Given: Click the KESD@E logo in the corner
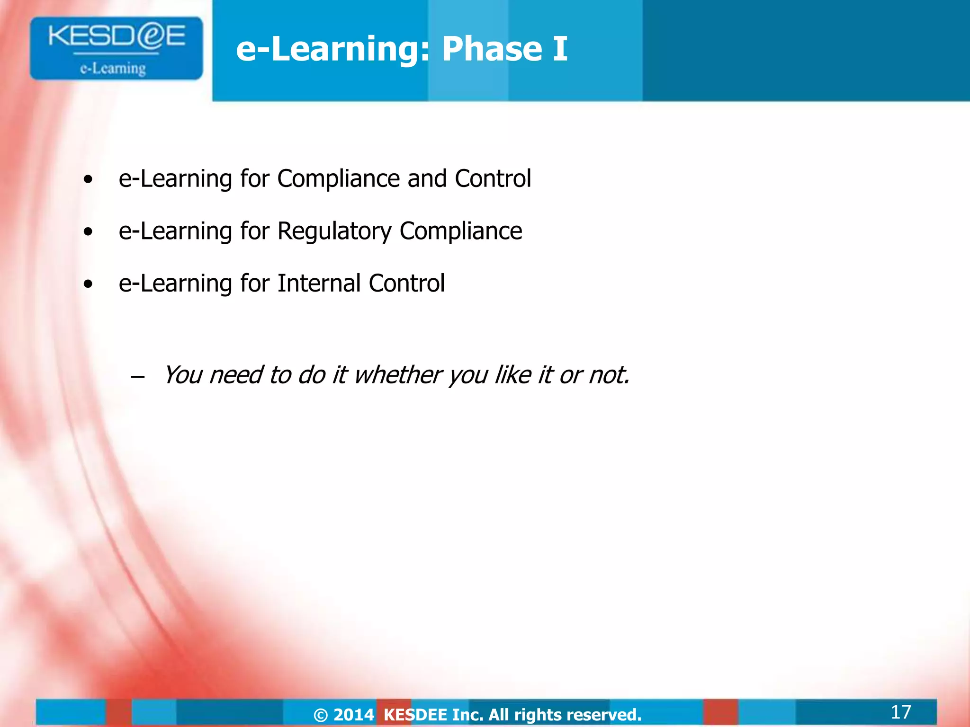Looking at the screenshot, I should click(x=116, y=47).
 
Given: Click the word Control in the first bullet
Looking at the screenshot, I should click(x=493, y=179).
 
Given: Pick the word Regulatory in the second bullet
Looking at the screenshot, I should click(x=334, y=231).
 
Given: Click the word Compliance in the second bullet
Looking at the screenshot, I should click(x=460, y=231).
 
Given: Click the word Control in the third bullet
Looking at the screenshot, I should click(x=406, y=284).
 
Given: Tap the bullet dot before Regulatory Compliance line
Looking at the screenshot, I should click(x=88, y=232).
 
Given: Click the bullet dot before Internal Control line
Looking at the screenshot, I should click(x=88, y=284).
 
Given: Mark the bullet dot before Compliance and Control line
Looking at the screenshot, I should click(x=88, y=180).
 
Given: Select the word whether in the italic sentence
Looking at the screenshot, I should click(x=397, y=375).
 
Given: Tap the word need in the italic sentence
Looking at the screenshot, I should click(x=235, y=375).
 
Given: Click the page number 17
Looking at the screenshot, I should click(x=900, y=712).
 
